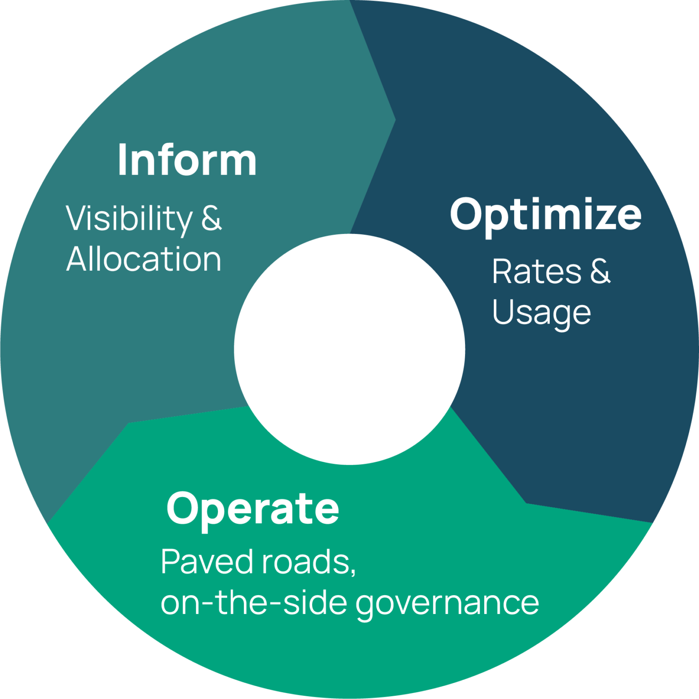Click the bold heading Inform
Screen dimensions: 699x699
pos(187,160)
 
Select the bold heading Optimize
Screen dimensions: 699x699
pos(546,214)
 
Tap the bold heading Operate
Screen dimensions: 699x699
pos(253,508)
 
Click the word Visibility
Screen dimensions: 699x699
pos(130,219)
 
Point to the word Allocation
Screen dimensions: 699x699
pos(144,259)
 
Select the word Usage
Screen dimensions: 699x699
pos(542,313)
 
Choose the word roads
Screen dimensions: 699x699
pos(304,562)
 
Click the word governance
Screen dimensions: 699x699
pos(447,603)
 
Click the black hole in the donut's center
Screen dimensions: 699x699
pos(349,349)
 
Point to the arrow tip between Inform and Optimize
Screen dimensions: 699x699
pos(394,120)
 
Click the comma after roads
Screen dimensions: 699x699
pos(353,571)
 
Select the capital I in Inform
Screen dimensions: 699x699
pos(122,160)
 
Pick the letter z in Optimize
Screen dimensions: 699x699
pos(604,216)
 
